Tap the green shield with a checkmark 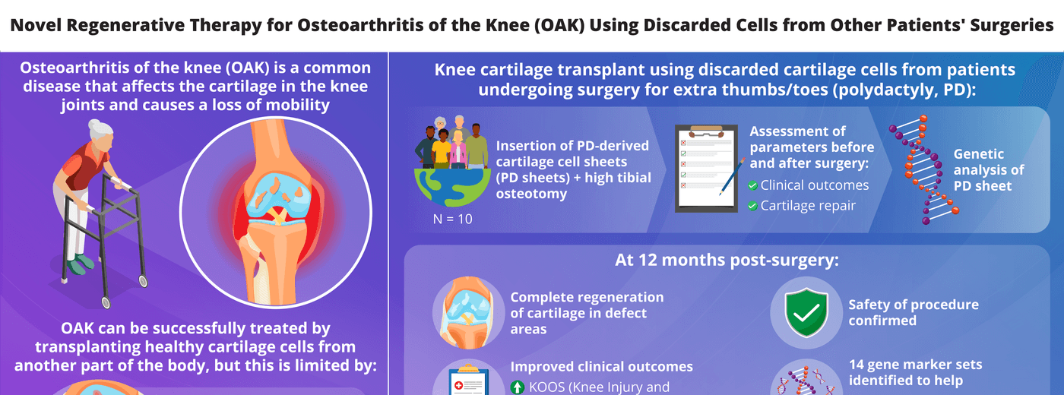click(806, 312)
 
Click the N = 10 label click(453, 219)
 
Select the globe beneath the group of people click(452, 187)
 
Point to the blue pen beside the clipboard click(732, 176)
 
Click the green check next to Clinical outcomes click(752, 185)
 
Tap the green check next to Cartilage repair click(752, 206)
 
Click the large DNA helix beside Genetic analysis click(924, 169)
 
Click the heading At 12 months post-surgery click(727, 260)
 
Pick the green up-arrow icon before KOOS click(518, 387)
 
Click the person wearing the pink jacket click(458, 150)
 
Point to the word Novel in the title click(36, 25)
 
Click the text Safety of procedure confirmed click(914, 312)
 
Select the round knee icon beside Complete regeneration click(468, 312)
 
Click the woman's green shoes click(80, 264)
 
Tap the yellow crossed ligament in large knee click(277, 216)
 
